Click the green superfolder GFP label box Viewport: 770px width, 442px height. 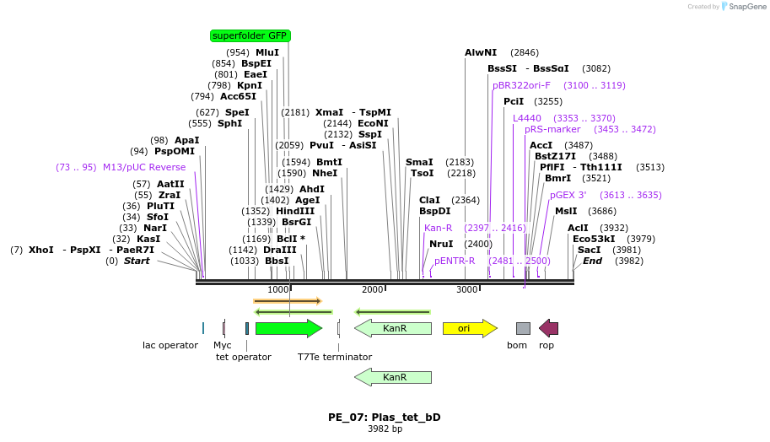(250, 35)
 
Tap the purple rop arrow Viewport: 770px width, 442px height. (548, 328)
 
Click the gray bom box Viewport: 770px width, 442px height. (523, 328)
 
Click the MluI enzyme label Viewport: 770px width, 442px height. (267, 52)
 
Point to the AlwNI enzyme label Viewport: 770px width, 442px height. (481, 52)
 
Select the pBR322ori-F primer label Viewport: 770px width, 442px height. (521, 85)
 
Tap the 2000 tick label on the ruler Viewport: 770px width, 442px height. (373, 289)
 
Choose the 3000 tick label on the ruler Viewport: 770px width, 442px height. (467, 289)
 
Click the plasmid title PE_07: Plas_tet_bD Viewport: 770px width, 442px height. (385, 417)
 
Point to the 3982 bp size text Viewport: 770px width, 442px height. (385, 429)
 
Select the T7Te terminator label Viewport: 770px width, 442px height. (335, 357)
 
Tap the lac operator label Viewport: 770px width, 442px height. (170, 345)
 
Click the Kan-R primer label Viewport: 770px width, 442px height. (438, 228)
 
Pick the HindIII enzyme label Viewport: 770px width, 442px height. (295, 211)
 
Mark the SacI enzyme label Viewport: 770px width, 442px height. (589, 250)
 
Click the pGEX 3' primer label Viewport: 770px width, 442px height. (568, 195)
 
